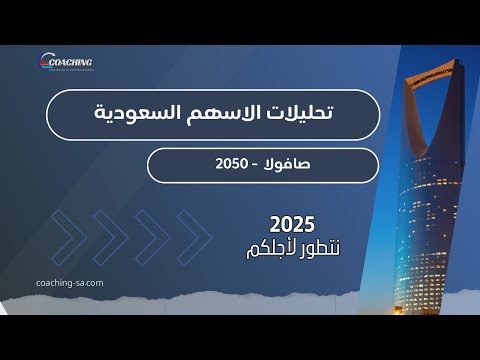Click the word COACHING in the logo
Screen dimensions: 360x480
pos(70,59)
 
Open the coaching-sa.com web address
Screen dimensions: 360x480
pos(69,282)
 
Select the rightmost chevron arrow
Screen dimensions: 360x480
pos(194,236)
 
